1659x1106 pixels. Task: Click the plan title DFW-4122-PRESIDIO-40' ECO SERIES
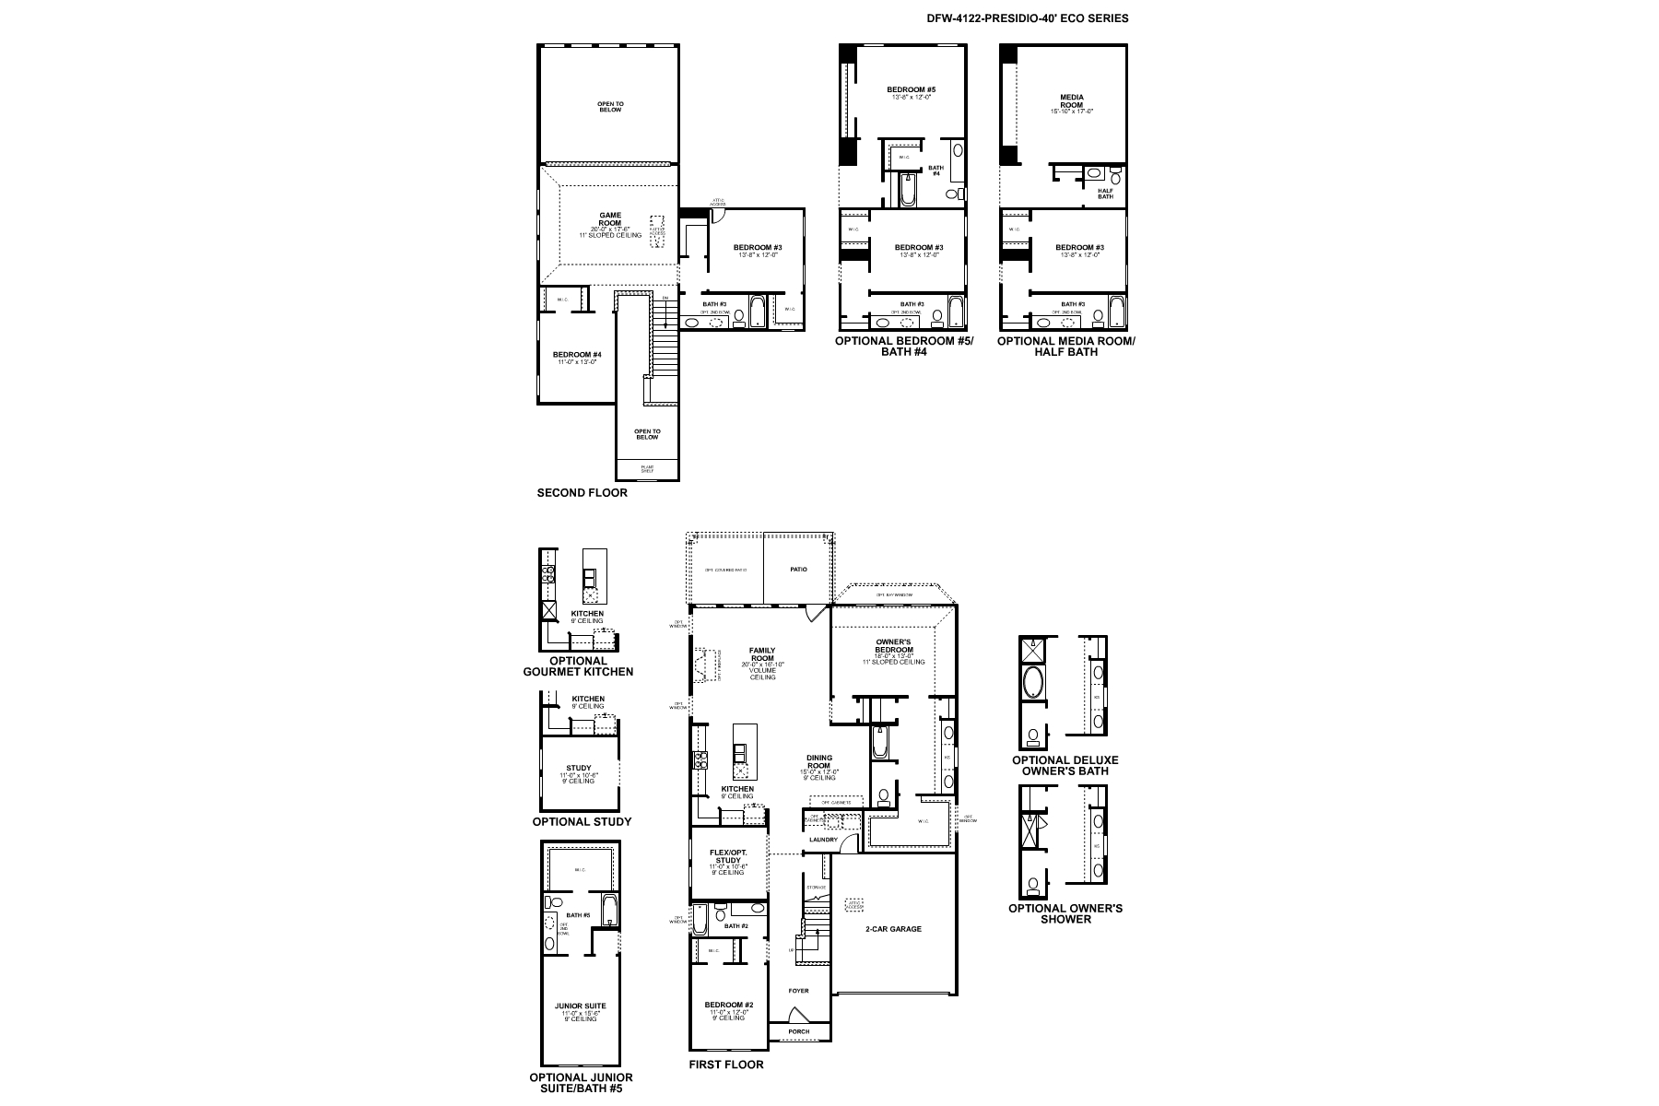tap(1027, 18)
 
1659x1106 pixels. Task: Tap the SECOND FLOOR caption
tap(582, 493)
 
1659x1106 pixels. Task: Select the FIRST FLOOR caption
tap(726, 1065)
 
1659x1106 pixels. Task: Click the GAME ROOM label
tap(610, 219)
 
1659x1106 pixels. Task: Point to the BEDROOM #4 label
tap(577, 355)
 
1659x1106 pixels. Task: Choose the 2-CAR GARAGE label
tap(893, 929)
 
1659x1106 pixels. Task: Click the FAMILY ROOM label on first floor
tap(762, 654)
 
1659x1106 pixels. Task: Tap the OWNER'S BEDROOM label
tap(894, 645)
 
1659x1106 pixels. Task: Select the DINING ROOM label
tap(818, 762)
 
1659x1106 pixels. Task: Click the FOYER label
tap(798, 991)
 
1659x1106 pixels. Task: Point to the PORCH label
tap(798, 1031)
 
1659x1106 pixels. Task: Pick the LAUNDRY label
tap(823, 840)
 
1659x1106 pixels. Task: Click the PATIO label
tap(798, 570)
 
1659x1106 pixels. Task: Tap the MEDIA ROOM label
tap(1071, 100)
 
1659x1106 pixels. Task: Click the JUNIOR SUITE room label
tap(581, 1006)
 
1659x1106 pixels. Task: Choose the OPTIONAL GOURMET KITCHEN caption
tap(578, 666)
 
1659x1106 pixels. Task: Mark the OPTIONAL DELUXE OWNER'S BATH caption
tap(1065, 766)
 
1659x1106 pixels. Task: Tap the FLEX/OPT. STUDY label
tap(728, 856)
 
